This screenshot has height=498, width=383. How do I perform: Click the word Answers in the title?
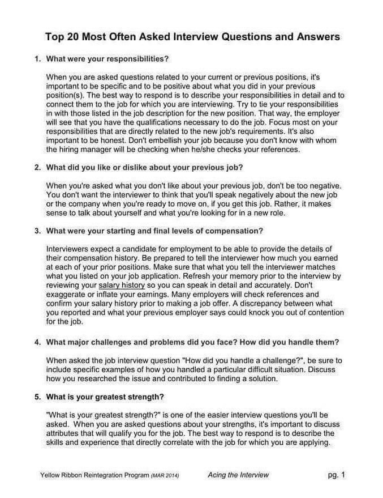tap(313, 37)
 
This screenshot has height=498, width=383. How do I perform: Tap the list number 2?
tap(37, 168)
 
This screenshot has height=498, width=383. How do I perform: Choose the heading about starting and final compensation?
tap(154, 232)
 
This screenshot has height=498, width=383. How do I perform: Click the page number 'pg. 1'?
tap(336, 475)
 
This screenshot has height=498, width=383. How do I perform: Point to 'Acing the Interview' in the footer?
tap(238, 475)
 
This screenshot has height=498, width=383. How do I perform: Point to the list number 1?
tap(37, 59)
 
